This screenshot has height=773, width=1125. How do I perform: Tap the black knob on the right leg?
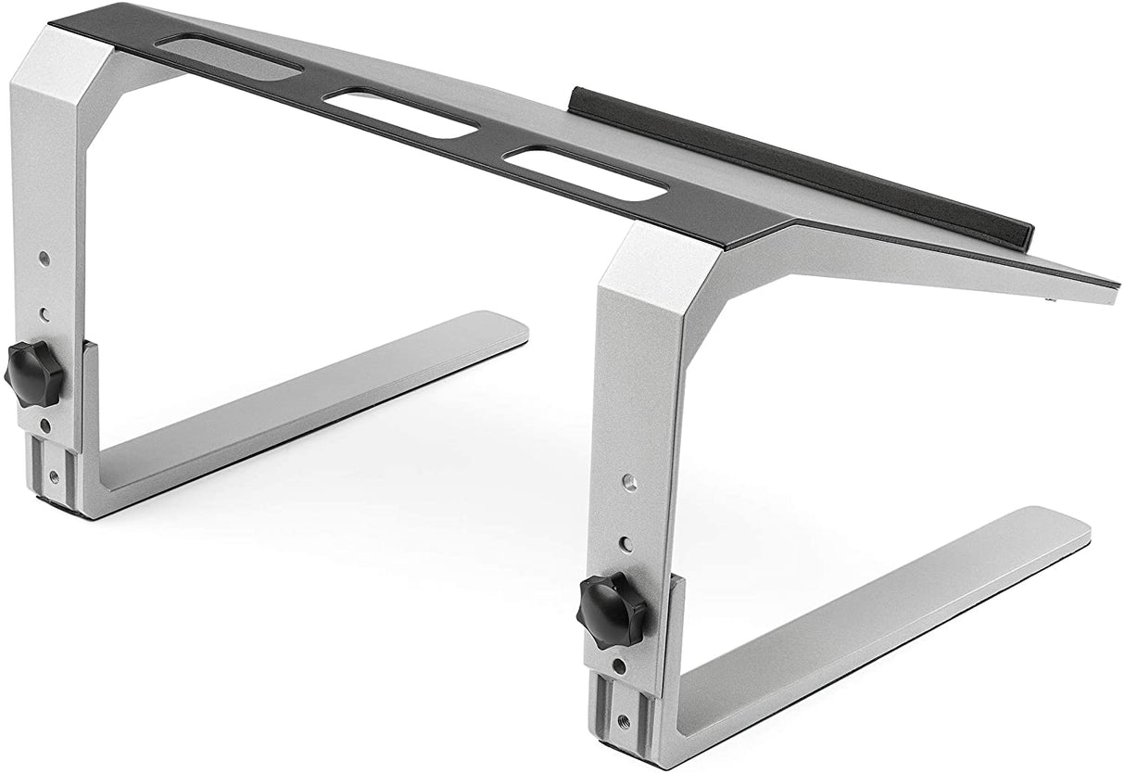pyautogui.click(x=612, y=610)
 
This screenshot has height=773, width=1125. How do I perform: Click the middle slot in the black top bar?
pyautogui.click(x=400, y=112)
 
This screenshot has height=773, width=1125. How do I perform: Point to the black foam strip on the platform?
pyautogui.click(x=797, y=168)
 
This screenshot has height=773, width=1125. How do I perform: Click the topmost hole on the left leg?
pyautogui.click(x=44, y=259)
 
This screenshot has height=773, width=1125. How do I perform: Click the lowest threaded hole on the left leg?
pyautogui.click(x=53, y=476)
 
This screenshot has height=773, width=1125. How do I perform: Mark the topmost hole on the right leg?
pyautogui.click(x=628, y=482)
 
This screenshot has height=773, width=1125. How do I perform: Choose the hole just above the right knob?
pyautogui.click(x=626, y=545)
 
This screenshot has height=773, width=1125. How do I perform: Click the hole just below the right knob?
pyautogui.click(x=619, y=665)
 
